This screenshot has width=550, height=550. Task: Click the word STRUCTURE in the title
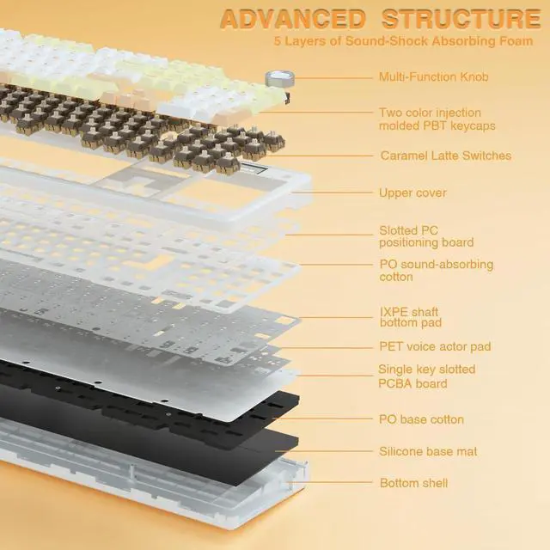click(461, 18)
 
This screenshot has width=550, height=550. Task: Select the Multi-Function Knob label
click(433, 77)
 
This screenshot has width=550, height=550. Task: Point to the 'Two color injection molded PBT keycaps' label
click(437, 119)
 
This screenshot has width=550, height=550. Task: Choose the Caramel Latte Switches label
click(445, 156)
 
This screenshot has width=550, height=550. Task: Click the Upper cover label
click(412, 192)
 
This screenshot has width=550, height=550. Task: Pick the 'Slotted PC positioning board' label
click(426, 236)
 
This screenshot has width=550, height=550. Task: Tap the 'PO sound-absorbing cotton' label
click(436, 271)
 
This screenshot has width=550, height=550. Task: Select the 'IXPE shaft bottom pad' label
click(411, 316)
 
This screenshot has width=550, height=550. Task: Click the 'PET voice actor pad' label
click(435, 346)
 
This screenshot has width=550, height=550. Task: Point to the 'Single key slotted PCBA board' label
click(427, 376)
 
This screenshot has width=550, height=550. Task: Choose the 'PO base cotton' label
click(421, 419)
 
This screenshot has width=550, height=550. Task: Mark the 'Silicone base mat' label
click(428, 451)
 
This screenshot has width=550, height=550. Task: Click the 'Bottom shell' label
click(413, 483)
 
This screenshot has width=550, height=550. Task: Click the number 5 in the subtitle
click(278, 40)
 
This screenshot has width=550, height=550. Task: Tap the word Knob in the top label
click(472, 77)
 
